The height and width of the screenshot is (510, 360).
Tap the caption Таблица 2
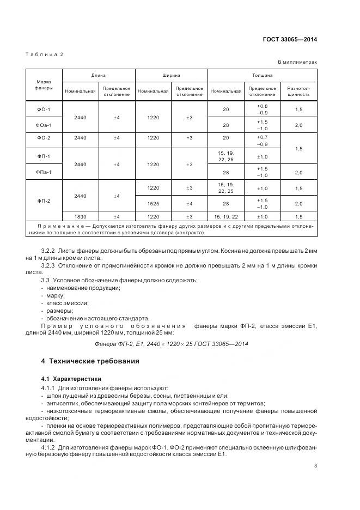click(45, 54)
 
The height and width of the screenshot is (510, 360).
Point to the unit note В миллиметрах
click(297, 63)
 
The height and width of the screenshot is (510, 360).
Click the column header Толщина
click(262, 75)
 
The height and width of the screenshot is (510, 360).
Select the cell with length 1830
click(80, 217)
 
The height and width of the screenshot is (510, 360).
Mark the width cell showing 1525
click(152, 204)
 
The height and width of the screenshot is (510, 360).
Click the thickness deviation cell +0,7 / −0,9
click(262, 141)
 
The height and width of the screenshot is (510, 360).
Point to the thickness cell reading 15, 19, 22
click(225, 217)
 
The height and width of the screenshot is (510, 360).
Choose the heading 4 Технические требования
click(90, 361)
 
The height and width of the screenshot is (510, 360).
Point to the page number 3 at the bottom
click(316, 465)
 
